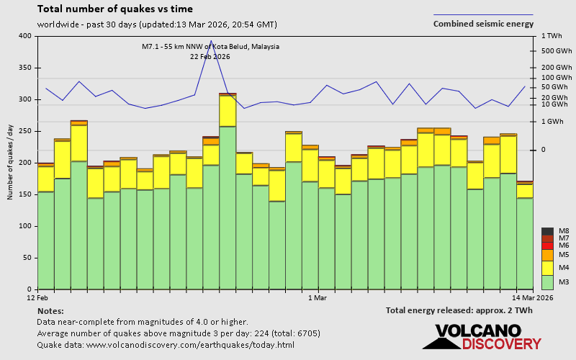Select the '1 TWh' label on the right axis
pyautogui.click(x=552, y=36)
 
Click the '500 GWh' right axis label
pyautogui.click(x=556, y=51)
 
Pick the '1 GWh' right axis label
pyautogui.click(x=553, y=122)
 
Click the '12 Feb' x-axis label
pyautogui.click(x=37, y=297)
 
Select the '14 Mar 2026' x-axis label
pyautogui.click(x=533, y=297)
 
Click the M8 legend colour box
pyautogui.click(x=547, y=231)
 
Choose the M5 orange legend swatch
pyautogui.click(x=547, y=255)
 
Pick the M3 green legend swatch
pyautogui.click(x=547, y=282)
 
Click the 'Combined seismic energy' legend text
pyautogui.click(x=483, y=24)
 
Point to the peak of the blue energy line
pyautogui.click(x=211, y=41)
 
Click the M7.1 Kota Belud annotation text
pyautogui.click(x=210, y=47)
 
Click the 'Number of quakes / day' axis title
pyautogui.click(x=11, y=162)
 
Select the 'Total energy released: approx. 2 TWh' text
pyautogui.click(x=469, y=310)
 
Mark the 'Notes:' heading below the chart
pyautogui.click(x=50, y=310)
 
